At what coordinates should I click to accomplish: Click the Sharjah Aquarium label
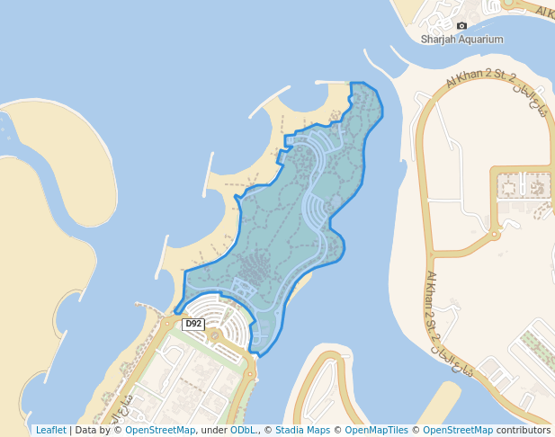461,40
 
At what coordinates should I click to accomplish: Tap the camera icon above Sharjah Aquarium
461,26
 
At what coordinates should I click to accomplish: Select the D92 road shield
192,324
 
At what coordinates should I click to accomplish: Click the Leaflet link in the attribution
50,431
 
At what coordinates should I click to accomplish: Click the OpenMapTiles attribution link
376,431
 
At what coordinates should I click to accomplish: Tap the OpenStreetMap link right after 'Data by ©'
159,431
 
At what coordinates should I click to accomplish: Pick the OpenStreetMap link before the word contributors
458,431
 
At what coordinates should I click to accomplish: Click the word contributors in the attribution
523,431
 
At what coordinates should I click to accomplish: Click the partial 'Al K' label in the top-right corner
545,10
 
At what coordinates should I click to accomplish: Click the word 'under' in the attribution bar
212,431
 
